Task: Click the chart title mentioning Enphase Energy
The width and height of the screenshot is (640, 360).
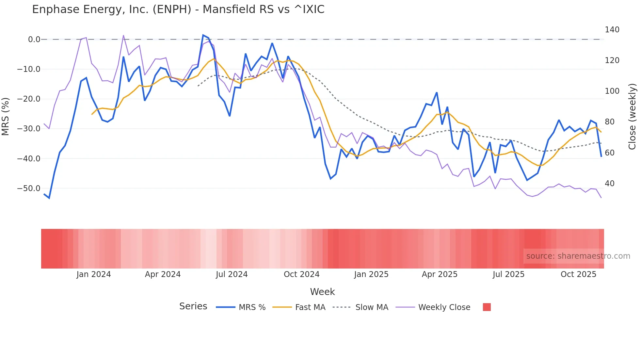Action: coord(178,9)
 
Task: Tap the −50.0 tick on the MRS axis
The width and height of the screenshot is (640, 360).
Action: coord(29,188)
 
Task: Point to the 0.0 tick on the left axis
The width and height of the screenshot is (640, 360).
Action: coord(34,40)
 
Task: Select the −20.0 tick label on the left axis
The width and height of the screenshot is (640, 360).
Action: coord(29,99)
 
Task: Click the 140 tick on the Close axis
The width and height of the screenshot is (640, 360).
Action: coord(612,30)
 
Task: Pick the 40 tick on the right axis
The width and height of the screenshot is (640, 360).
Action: coord(609,184)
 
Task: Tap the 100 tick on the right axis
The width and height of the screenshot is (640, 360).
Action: coord(612,91)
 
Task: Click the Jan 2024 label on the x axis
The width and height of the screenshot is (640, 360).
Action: coord(94,274)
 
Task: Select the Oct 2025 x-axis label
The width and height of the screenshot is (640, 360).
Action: coord(578,274)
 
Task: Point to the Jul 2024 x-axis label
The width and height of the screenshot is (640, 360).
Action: coord(232,274)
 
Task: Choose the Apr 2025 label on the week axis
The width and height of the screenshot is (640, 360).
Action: coord(440,274)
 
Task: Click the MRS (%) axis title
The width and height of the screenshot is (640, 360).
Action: coord(6,116)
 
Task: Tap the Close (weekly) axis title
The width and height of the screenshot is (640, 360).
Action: coord(632,116)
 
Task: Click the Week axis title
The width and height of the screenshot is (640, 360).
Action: coord(322,292)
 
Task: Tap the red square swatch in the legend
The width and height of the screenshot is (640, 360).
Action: coord(487,307)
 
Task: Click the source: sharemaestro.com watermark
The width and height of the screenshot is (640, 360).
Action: coord(578,256)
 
